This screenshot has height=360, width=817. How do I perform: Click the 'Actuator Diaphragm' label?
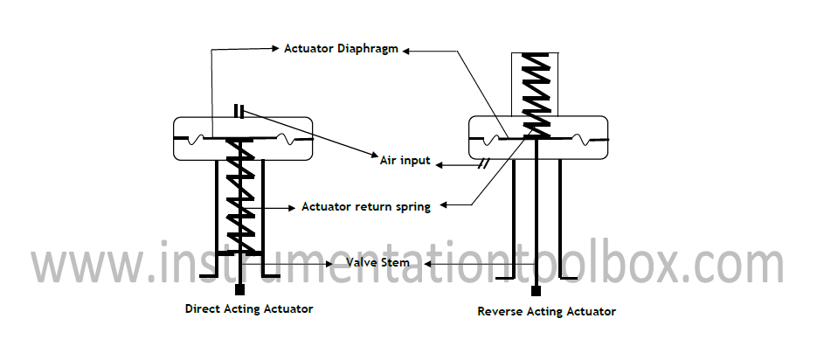coord(341,49)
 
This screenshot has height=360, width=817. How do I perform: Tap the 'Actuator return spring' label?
coord(365,207)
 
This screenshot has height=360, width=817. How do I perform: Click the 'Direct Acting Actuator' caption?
coord(249,308)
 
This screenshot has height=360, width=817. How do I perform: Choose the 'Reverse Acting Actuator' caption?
coord(547,311)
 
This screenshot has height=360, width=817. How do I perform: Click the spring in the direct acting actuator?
coord(238,197)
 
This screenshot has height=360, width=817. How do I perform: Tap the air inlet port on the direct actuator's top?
coord(239,111)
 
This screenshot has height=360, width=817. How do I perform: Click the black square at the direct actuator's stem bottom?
coord(239,288)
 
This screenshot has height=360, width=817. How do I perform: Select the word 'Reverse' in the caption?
coord(501,311)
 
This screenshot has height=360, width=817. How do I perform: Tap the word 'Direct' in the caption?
coord(203,308)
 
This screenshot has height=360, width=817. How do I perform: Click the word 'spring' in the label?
coord(411,208)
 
